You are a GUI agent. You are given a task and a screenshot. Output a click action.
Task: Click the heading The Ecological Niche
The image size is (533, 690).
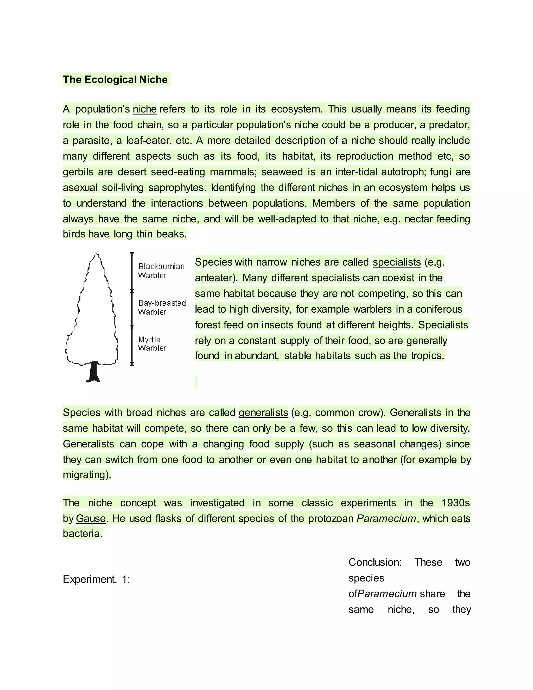click(x=115, y=80)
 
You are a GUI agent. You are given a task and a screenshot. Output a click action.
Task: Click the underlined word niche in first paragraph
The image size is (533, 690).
click(x=145, y=109)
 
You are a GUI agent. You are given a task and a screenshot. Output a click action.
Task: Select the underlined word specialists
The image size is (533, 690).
click(x=397, y=262)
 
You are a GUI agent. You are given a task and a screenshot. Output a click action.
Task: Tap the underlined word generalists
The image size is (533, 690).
click(x=263, y=413)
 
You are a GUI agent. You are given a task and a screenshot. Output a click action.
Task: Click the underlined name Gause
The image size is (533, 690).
click(x=91, y=518)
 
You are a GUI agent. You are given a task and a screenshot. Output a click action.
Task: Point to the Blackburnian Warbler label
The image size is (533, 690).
click(x=161, y=271)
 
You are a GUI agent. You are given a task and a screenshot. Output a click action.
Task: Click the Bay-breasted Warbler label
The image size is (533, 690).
click(x=162, y=308)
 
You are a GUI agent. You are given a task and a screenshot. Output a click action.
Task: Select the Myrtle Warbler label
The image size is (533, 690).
click(x=152, y=344)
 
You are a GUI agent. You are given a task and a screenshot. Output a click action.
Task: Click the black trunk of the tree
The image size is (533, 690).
click(x=93, y=372)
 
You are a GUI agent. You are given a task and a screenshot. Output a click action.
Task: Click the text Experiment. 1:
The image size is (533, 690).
click(x=96, y=579)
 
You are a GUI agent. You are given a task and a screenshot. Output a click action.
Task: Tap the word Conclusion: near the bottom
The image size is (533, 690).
click(x=375, y=562)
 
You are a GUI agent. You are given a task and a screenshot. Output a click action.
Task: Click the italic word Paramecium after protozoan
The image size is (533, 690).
click(x=386, y=518)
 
